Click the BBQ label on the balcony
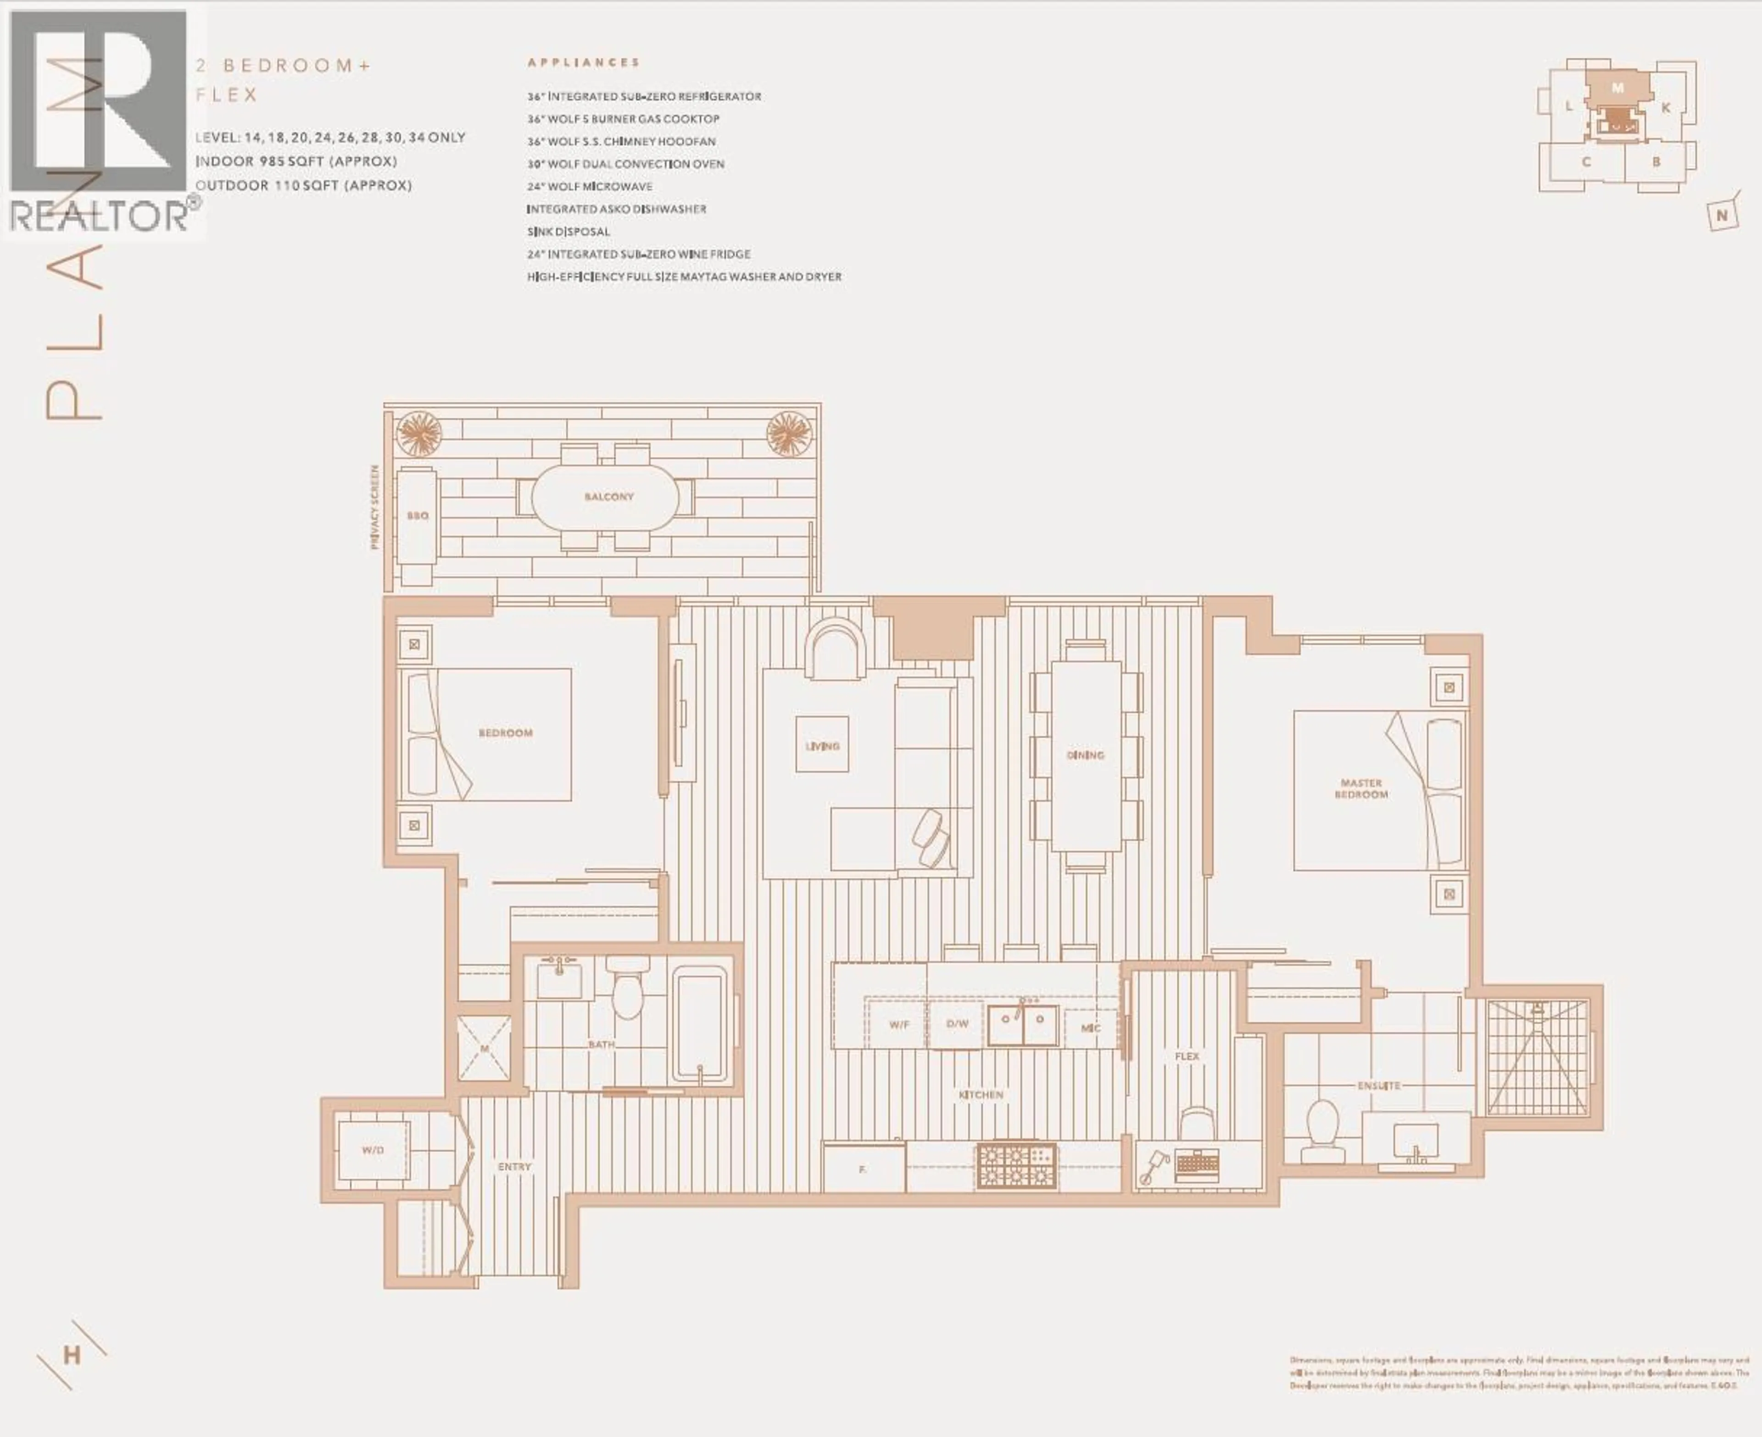(417, 516)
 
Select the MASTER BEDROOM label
(1361, 788)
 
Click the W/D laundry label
(373, 1150)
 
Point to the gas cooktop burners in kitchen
(1016, 1165)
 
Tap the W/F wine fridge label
(899, 1025)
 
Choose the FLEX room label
(1187, 1057)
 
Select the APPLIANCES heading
(584, 62)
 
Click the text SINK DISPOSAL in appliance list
(569, 232)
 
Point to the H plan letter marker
(72, 1356)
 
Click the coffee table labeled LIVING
(822, 745)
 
